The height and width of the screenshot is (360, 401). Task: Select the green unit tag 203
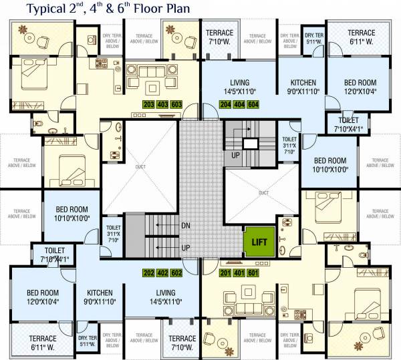[149, 105]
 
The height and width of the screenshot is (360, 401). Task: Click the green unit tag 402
[162, 273]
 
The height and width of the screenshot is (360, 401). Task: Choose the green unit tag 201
[226, 273]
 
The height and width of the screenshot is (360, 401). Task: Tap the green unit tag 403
[162, 105]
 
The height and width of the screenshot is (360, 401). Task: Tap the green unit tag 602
[177, 273]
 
